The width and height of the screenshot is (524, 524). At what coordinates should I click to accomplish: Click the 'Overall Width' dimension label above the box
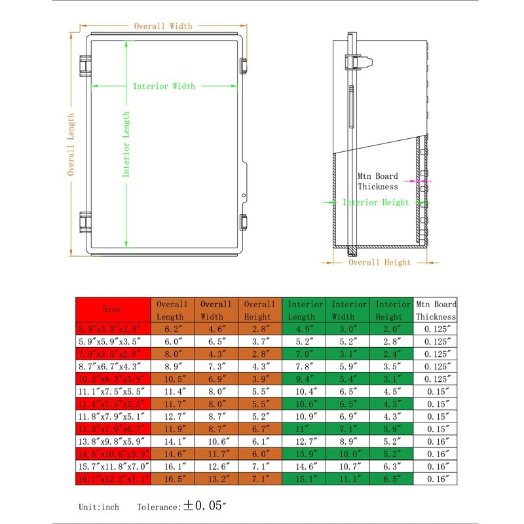click(163, 26)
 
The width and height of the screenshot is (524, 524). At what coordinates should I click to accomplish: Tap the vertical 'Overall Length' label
click(71, 144)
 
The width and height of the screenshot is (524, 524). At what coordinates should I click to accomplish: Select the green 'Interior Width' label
click(164, 86)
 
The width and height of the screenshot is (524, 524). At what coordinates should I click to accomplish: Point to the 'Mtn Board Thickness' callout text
click(378, 181)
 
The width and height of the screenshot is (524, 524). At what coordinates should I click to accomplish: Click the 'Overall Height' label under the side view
click(380, 263)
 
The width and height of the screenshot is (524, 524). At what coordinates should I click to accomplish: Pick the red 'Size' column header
click(111, 309)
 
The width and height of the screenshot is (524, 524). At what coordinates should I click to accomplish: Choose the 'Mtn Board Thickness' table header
click(436, 310)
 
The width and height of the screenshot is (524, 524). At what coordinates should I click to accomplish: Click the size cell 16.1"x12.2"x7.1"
click(113, 479)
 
